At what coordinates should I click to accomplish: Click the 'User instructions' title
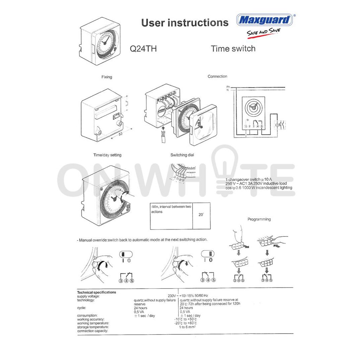click(x=185, y=23)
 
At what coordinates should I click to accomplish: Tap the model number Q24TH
click(x=143, y=49)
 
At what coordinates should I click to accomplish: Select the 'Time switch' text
click(x=233, y=49)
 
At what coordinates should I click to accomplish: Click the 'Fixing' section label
click(x=107, y=77)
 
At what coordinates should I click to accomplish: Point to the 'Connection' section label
click(x=217, y=76)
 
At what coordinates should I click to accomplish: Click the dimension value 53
click(x=120, y=134)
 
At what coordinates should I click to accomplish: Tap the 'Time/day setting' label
click(x=107, y=155)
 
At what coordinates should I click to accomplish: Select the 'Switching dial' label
click(x=182, y=155)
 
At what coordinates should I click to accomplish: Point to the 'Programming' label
click(x=259, y=219)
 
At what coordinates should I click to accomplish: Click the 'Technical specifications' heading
click(x=96, y=292)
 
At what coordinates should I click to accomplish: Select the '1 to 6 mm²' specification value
click(x=187, y=327)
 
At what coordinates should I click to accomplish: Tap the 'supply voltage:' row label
click(x=89, y=296)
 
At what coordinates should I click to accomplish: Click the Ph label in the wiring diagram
click(x=228, y=86)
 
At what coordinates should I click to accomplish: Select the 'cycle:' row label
click(x=82, y=308)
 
